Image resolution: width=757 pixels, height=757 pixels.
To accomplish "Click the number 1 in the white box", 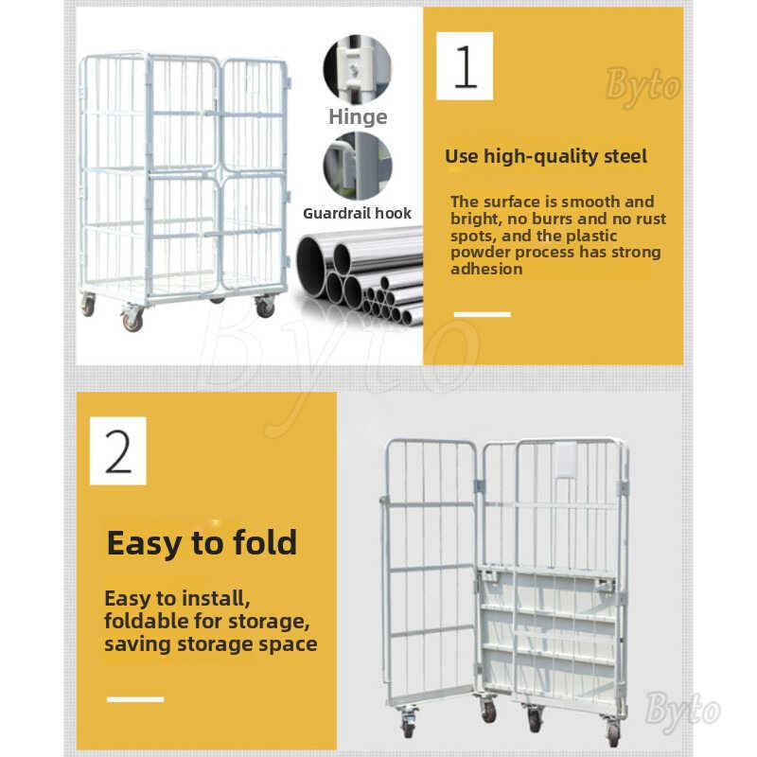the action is [x=466, y=66].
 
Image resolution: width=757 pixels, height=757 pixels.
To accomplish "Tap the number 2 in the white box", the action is [x=117, y=451].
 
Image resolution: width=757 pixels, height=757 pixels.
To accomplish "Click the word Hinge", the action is [x=358, y=116].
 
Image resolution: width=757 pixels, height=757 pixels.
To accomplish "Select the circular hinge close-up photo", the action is [x=358, y=68].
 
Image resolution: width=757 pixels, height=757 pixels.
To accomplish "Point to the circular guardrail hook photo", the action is [x=358, y=167].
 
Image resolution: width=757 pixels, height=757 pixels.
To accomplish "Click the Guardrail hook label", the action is [x=357, y=213].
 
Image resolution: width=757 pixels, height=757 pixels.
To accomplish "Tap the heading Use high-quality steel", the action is [x=546, y=156].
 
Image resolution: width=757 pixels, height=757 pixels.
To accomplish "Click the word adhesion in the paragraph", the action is [x=486, y=269].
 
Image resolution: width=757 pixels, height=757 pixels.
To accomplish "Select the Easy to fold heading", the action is [x=202, y=543].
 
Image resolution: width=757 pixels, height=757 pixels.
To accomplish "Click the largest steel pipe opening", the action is [x=310, y=265].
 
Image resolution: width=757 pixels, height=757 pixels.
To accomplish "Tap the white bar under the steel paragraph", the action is [x=483, y=314].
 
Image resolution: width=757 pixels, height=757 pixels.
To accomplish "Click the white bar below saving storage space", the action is [x=135, y=699].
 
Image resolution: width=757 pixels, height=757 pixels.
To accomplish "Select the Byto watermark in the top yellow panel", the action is [x=643, y=86].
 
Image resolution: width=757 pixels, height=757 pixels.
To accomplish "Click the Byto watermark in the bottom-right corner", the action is [x=681, y=712].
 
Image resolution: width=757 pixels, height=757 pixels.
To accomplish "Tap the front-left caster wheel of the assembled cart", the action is [x=132, y=319].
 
